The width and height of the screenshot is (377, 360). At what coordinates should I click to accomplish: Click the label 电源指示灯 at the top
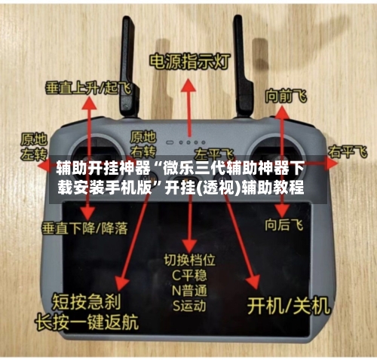pos(188,60)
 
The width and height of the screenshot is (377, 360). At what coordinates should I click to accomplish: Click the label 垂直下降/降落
pos(86,226)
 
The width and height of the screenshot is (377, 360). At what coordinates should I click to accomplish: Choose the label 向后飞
pos(284,224)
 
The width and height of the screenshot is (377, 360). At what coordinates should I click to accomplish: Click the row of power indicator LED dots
pos(188,141)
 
